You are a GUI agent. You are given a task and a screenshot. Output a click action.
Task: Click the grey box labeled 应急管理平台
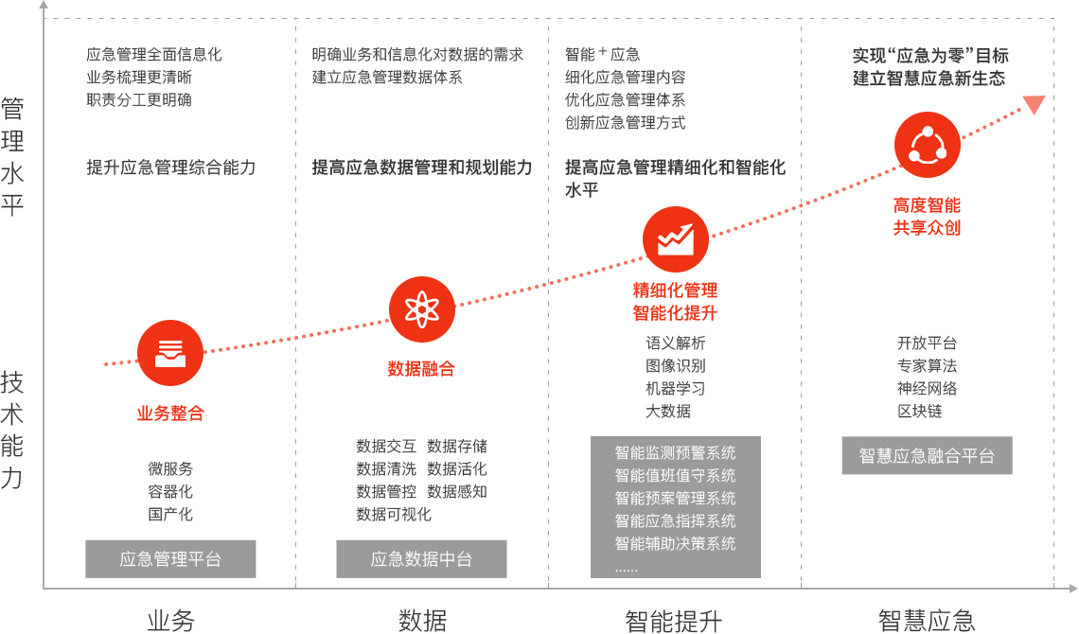170,559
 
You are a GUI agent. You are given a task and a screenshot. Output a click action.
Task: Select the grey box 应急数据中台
421,559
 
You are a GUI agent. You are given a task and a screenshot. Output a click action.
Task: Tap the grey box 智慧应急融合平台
927,456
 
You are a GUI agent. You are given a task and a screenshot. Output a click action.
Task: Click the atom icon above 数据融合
421,309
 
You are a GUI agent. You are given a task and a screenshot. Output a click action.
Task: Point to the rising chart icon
676,239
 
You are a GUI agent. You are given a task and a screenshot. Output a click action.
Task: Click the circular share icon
927,145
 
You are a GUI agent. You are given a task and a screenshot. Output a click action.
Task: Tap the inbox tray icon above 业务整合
170,354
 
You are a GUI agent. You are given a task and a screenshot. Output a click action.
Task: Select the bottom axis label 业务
170,621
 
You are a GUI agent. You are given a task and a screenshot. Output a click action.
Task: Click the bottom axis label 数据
422,621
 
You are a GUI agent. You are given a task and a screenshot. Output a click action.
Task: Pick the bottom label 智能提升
674,621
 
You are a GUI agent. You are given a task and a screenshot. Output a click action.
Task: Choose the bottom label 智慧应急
926,621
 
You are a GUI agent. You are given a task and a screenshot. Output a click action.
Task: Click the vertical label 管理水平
12,156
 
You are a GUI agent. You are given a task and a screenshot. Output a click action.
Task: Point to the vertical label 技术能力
12,430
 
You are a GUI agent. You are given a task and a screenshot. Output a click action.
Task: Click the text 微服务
170,468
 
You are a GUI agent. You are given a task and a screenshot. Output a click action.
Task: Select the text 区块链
920,411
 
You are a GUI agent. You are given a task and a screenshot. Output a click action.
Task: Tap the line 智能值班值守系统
675,475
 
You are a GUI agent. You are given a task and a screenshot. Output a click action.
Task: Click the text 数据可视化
394,514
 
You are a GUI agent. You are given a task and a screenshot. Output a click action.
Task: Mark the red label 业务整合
170,414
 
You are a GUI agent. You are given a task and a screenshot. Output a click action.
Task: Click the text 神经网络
927,388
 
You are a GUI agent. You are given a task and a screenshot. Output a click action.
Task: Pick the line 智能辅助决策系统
675,543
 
